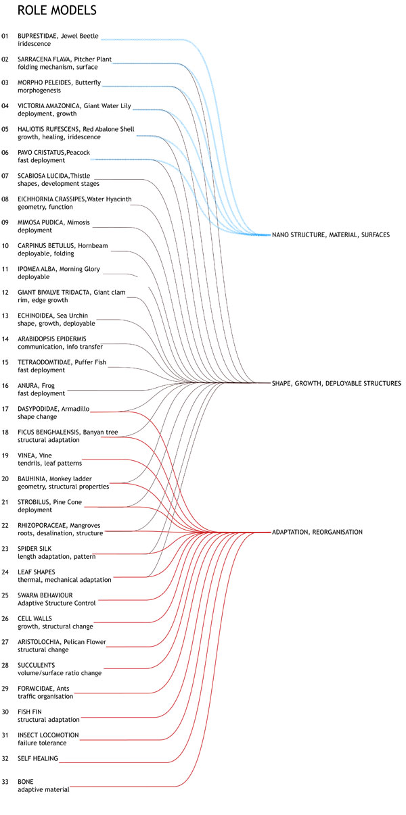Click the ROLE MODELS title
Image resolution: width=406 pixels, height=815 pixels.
pos(57,10)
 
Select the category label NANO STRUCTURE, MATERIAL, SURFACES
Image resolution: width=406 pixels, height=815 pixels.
pos(331,235)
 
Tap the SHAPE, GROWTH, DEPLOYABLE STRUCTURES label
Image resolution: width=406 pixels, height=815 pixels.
pos(336,383)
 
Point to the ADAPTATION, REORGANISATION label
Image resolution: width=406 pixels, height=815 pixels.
pos(317,532)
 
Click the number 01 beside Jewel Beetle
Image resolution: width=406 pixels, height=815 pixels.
pos(5,36)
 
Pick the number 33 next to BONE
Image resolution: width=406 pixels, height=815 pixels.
pos(5,782)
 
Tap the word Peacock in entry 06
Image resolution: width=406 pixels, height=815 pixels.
pos(78,153)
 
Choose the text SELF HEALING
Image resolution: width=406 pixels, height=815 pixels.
pos(38,759)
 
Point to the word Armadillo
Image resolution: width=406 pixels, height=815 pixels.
pos(75,409)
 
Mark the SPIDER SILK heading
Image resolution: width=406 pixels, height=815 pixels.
pos(35,548)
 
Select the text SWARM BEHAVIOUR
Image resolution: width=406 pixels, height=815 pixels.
pos(45,595)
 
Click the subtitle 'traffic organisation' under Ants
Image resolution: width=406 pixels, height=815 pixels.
pos(45,696)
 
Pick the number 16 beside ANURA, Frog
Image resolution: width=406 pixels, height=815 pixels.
pos(5,386)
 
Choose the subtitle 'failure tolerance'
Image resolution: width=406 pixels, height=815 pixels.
pos(42,743)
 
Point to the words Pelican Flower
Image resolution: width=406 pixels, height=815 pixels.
pos(85,642)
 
